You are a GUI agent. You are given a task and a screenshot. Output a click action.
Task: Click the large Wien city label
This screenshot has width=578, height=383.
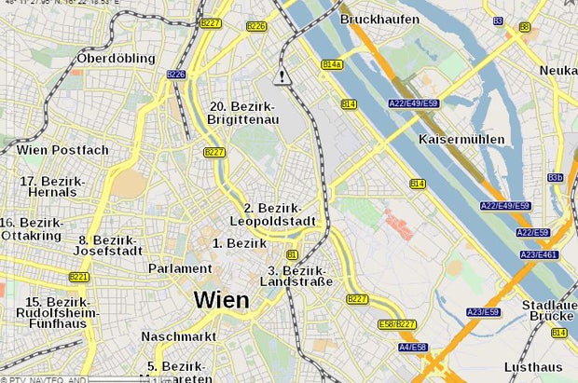221,299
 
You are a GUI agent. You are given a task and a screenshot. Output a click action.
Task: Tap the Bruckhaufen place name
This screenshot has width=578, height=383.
379,19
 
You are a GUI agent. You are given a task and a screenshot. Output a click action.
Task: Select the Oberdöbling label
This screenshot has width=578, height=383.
116,58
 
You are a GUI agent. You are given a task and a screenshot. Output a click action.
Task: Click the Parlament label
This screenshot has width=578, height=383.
180,268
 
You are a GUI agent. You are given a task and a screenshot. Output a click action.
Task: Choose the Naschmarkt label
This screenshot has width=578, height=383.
179,335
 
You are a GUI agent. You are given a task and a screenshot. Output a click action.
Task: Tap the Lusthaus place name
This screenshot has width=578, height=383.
533,366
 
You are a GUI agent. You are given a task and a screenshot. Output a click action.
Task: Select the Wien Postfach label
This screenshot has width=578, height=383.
62,149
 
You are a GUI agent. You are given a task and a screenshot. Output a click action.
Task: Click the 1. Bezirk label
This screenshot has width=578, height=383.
240,243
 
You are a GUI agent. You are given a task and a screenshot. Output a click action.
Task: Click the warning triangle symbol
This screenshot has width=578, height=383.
282,77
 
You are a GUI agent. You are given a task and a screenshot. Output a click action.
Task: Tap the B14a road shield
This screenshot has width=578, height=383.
331,64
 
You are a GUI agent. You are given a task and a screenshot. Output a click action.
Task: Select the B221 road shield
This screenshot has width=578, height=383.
79,277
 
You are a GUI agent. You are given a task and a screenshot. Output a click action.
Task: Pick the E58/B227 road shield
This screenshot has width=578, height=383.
398,323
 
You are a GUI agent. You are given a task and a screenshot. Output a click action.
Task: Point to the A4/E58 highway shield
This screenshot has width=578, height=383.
413,347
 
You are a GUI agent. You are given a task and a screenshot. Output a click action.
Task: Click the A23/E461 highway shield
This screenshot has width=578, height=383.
538,254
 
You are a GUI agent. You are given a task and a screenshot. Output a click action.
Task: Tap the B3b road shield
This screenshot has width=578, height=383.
556,177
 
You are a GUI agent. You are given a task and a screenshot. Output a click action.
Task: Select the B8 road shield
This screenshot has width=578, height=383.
524,27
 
